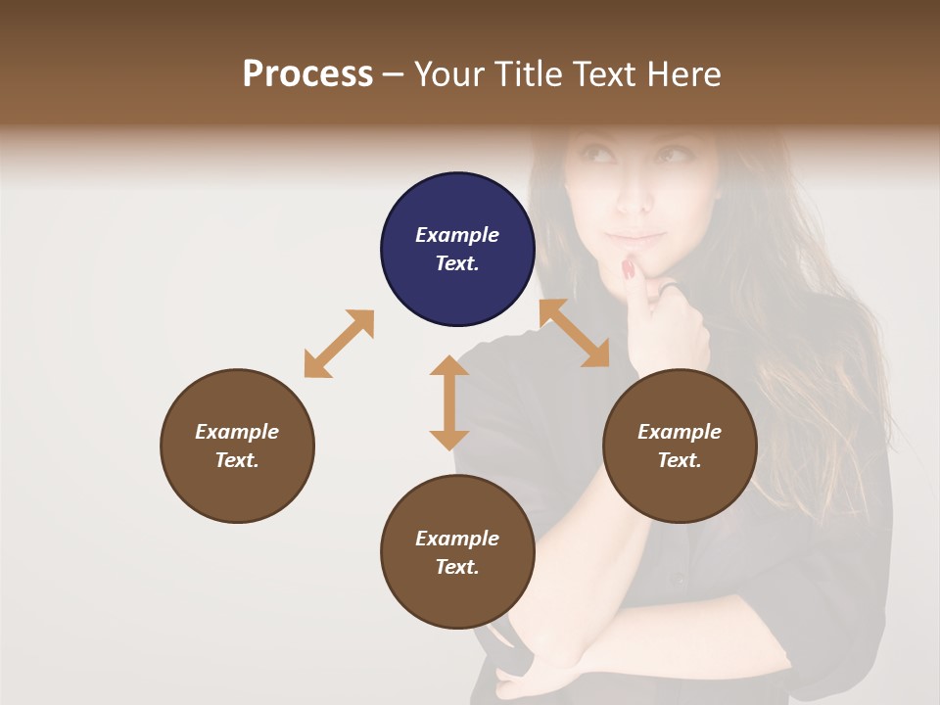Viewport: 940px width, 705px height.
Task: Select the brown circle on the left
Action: tap(237, 446)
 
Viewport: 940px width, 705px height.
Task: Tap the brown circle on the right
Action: tap(680, 446)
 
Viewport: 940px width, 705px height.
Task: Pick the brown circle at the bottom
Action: tap(457, 552)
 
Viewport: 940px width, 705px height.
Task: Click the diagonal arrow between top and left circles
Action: tap(339, 344)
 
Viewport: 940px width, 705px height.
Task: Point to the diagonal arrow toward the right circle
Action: tap(575, 333)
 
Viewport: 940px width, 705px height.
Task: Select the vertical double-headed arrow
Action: tap(449, 402)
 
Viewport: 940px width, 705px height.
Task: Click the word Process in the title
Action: tap(307, 73)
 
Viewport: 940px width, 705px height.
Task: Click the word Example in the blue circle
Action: tap(457, 235)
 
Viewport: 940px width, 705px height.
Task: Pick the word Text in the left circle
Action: tap(237, 460)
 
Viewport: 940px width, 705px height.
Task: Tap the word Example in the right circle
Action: tap(680, 432)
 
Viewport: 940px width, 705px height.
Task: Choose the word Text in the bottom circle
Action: tap(457, 567)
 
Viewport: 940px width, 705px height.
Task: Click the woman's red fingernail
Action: tap(629, 268)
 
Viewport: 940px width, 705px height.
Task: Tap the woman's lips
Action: tap(636, 237)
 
